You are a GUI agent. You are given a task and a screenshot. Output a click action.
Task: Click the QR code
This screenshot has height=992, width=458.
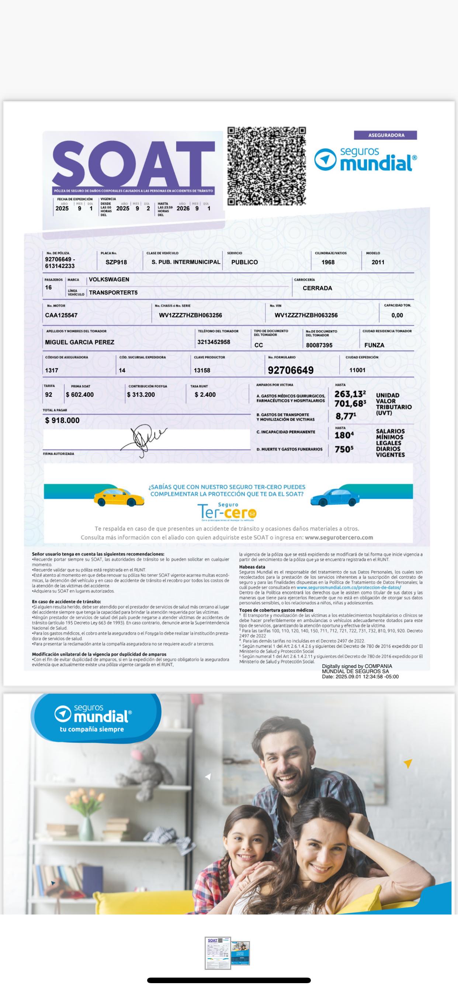pyautogui.click(x=266, y=166)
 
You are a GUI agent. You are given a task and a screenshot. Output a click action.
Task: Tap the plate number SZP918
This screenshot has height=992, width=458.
pyautogui.click(x=116, y=262)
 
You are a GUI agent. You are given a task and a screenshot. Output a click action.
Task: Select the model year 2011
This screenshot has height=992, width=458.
pyautogui.click(x=378, y=262)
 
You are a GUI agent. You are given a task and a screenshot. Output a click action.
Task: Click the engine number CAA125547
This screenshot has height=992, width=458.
pyautogui.click(x=61, y=315)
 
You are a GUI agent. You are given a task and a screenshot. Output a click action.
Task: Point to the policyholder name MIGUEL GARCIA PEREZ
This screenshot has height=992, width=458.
pyautogui.click(x=80, y=342)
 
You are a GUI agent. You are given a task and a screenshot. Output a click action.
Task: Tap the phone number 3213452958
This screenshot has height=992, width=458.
pyautogui.click(x=214, y=342)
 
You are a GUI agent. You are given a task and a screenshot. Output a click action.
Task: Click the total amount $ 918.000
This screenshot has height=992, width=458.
pyautogui.click(x=62, y=420)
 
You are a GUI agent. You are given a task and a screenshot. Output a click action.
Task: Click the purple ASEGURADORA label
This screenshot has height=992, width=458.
pyautogui.click(x=386, y=135)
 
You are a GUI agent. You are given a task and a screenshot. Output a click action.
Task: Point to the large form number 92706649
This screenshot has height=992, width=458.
pyautogui.click(x=291, y=370)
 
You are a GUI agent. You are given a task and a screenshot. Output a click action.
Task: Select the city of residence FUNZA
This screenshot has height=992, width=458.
pyautogui.click(x=374, y=345)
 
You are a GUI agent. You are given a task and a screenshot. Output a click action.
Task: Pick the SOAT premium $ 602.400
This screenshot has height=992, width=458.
pyautogui.click(x=80, y=395)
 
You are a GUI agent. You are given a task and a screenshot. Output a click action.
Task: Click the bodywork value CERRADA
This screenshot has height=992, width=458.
pyautogui.click(x=317, y=288)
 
